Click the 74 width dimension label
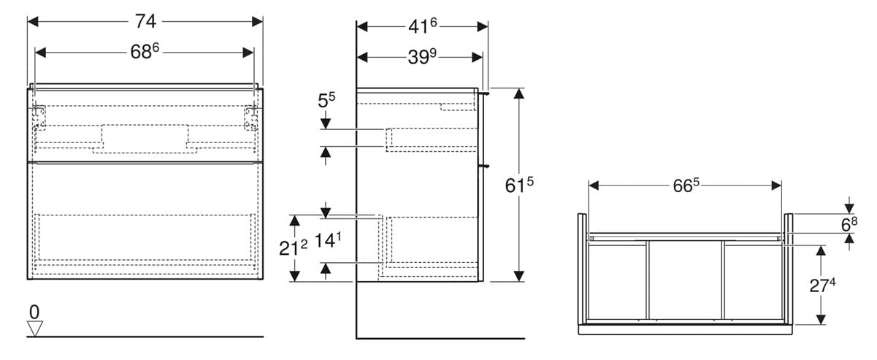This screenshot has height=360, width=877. tap(145, 21)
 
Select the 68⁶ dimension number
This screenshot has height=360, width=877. tap(145, 51)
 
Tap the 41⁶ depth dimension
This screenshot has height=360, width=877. tap(423, 26)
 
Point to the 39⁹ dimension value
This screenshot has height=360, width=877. tap(422, 57)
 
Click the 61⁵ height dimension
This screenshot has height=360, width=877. tap(519, 185)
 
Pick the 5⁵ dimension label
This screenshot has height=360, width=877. tap(326, 100)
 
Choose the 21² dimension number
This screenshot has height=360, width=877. tap(294, 248)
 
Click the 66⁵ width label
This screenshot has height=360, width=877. tap(686, 185)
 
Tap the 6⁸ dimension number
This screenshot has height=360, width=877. tap(849, 224)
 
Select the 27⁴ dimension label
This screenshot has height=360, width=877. tap(822, 286)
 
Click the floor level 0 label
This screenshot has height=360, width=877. tap(34, 312)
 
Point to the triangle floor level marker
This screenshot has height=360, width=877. tap(35, 329)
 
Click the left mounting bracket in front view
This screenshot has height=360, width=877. tap(39, 117)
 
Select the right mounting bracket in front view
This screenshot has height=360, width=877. tap(251, 117)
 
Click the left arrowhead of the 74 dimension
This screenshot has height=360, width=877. tap(33, 21)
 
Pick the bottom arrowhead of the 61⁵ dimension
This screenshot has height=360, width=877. tap(518, 276)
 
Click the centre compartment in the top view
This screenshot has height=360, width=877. tap(685, 280)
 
